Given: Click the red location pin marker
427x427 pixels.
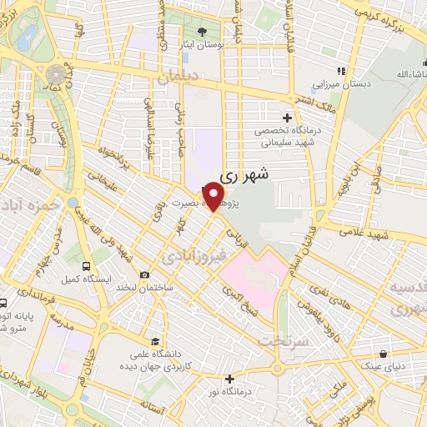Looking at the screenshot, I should point(215,197).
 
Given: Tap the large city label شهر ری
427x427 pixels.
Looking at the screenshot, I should point(244,176).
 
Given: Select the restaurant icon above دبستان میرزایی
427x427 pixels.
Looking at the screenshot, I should point(339,71).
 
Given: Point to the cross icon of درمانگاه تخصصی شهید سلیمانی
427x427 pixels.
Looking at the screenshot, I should point(288,118).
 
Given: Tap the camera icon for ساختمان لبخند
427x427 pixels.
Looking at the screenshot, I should point(145,275).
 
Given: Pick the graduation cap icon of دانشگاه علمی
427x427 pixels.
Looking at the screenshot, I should point(156,340).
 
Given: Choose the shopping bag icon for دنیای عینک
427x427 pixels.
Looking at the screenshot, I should point(383,354).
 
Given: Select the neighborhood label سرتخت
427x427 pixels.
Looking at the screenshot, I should point(279,340).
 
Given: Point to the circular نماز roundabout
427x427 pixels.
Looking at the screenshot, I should point(56,71).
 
